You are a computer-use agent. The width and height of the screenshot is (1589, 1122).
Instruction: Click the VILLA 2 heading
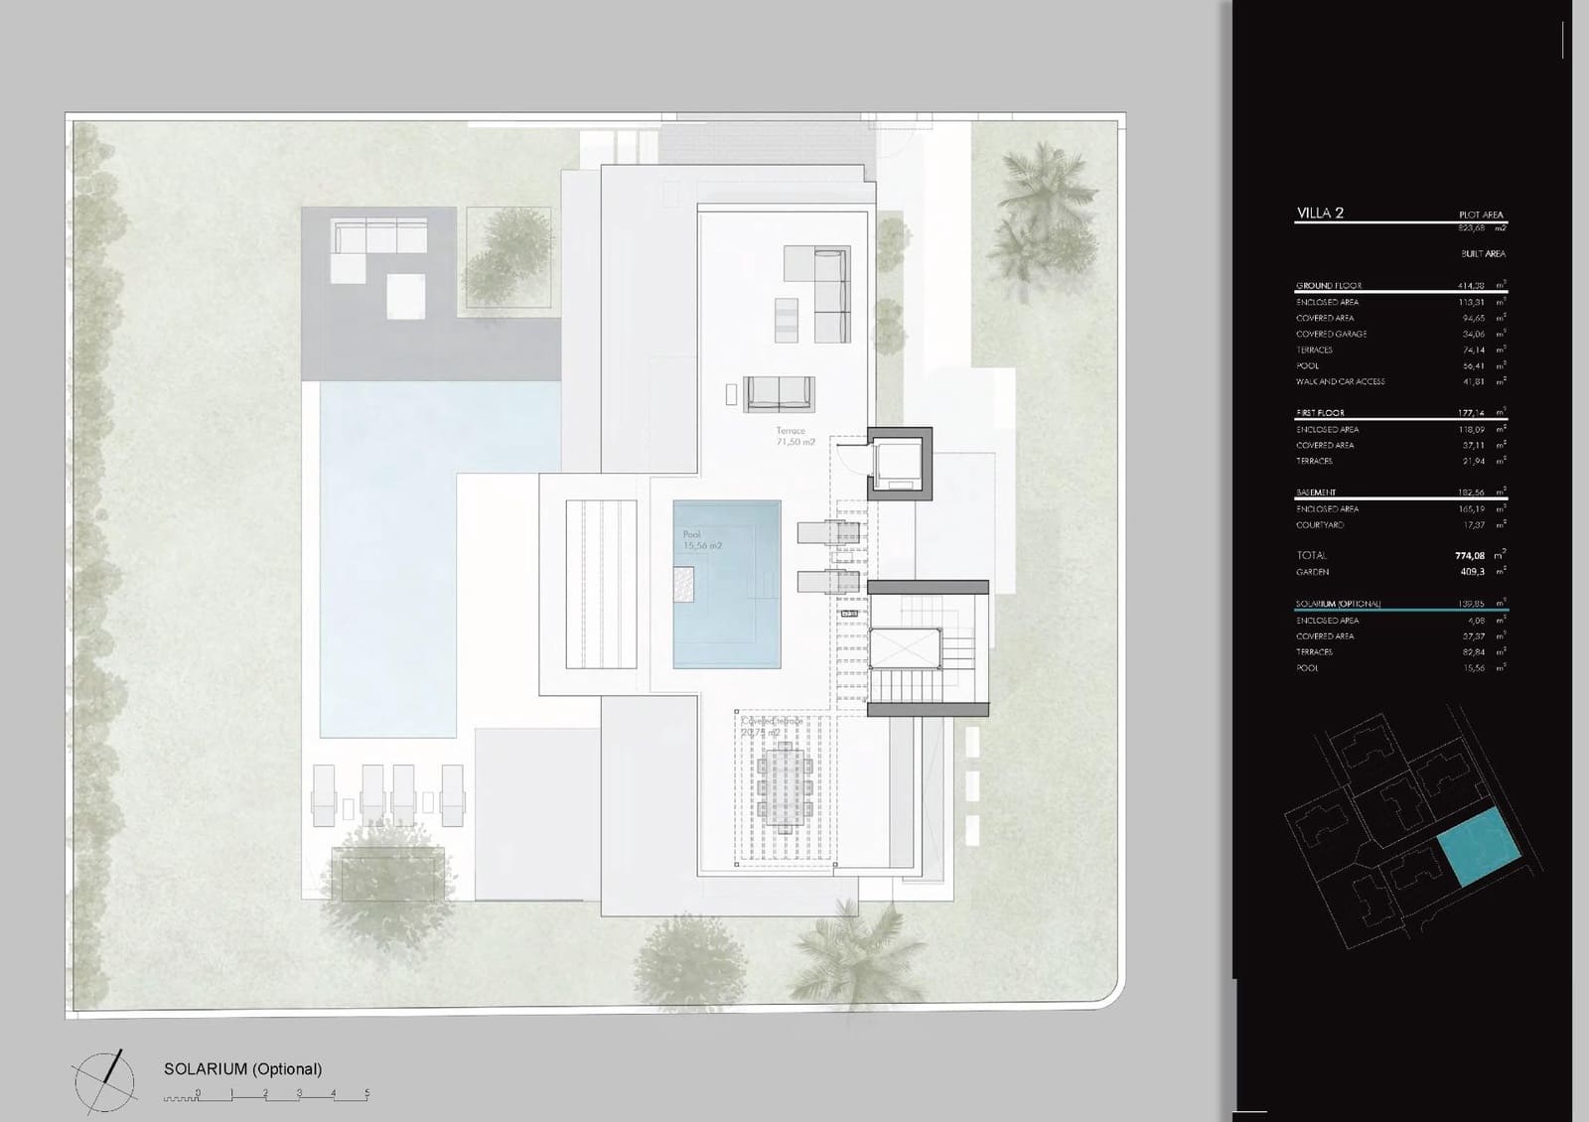(x=1320, y=213)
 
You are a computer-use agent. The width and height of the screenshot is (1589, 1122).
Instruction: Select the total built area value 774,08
(x=1469, y=556)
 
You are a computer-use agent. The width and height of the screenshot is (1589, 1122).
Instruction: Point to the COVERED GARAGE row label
(x=1331, y=335)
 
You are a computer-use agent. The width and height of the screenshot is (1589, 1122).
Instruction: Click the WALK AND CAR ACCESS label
(x=1340, y=382)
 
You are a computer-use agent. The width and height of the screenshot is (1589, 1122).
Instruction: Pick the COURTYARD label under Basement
(x=1320, y=525)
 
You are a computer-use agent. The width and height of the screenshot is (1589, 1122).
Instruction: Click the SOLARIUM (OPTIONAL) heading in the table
(x=1338, y=604)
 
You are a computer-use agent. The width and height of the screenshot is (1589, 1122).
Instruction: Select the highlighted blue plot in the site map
(x=1479, y=847)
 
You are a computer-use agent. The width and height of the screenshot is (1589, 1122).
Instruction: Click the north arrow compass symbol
(x=104, y=1081)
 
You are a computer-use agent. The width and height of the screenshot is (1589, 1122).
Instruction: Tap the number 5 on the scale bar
(x=366, y=1093)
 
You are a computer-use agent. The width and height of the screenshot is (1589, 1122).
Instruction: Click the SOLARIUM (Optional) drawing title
(x=242, y=1069)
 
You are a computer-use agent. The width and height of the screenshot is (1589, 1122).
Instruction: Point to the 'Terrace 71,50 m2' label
(x=794, y=436)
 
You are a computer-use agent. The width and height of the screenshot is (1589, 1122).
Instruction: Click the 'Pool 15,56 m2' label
(x=701, y=540)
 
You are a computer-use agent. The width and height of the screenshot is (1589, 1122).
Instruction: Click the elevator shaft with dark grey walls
(x=899, y=463)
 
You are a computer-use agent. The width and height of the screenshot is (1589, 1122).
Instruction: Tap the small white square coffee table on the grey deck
(x=405, y=295)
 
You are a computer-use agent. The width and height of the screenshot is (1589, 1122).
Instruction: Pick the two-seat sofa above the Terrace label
(x=780, y=393)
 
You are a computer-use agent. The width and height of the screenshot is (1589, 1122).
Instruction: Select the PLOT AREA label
(x=1481, y=215)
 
